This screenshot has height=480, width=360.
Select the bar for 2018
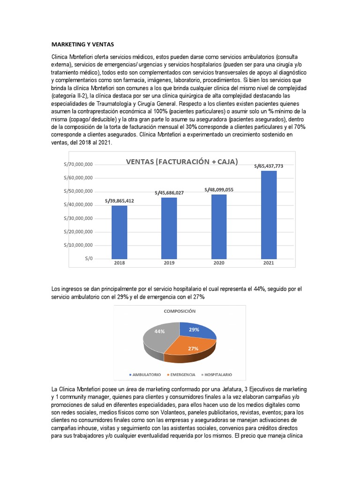pos(119,232)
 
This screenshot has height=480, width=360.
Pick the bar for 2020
pos(219,226)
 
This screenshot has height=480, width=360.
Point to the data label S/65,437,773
pos(269,165)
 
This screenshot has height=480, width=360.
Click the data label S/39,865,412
pos(120,200)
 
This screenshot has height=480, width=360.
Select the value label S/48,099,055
pos(219,189)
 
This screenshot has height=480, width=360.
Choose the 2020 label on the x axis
pos(219,263)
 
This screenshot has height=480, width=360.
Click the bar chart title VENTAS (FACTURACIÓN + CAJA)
pos(181,162)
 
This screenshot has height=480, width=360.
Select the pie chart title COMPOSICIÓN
pos(180,311)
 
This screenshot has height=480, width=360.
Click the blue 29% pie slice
pos(196,331)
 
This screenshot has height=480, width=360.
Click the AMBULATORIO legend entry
pos(145,375)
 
